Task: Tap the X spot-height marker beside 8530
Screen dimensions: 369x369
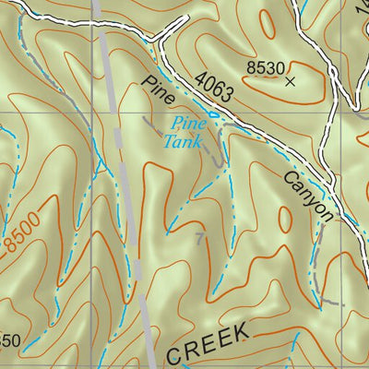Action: (292, 81)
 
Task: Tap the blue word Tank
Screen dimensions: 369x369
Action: (183, 141)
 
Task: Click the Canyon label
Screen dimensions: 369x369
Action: (308, 196)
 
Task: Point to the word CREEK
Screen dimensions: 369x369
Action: (208, 342)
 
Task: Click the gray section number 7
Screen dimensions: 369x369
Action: (200, 240)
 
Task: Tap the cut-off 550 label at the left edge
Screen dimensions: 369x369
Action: (8, 339)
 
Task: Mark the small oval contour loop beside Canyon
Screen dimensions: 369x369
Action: (285, 218)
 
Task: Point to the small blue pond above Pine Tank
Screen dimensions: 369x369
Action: (214, 114)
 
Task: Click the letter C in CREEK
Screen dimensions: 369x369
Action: (175, 353)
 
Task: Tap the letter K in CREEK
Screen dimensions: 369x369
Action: (242, 331)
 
